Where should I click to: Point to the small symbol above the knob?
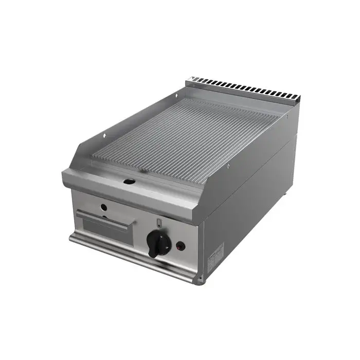point(159,222)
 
